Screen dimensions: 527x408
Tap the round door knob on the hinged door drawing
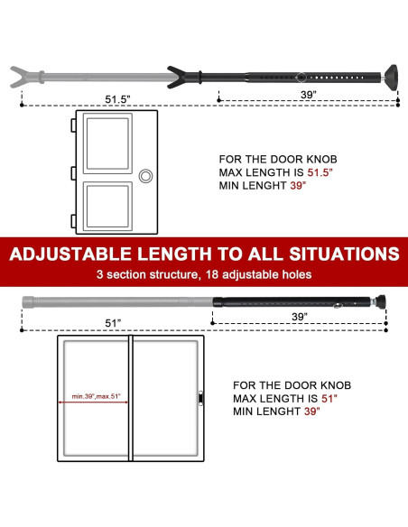click(x=147, y=173)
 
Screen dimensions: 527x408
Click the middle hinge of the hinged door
click(x=72, y=171)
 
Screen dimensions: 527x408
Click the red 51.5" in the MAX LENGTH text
click(x=310, y=172)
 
